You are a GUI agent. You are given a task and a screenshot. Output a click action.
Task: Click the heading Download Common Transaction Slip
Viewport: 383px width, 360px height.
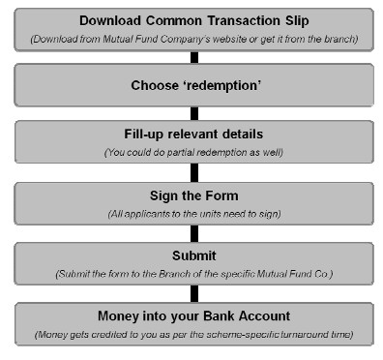pos(194,19)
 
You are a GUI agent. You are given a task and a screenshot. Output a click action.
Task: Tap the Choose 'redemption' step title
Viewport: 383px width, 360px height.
pos(194,84)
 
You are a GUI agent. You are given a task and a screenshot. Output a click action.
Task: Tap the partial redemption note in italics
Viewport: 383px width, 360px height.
pos(194,152)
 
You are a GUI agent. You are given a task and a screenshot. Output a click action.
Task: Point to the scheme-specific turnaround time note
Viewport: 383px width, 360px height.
pos(194,334)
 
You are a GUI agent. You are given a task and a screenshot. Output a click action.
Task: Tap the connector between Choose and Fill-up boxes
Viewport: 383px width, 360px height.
pos(194,113)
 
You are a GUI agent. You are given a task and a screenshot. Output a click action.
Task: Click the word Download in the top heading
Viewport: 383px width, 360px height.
pos(112,19)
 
